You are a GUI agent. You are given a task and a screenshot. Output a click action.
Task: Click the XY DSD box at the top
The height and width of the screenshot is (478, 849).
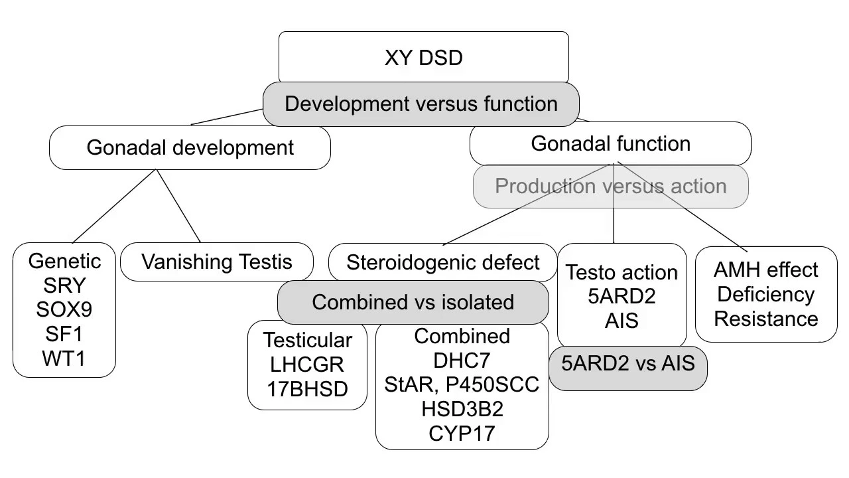423,57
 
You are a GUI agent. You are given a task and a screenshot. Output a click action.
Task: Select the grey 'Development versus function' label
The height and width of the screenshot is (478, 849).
421,104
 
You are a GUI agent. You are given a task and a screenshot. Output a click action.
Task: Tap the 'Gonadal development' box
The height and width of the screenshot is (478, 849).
190,147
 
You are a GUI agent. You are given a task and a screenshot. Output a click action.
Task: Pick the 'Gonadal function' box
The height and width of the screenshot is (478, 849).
610,143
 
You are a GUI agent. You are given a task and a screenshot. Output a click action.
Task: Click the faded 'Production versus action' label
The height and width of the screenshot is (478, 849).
611,186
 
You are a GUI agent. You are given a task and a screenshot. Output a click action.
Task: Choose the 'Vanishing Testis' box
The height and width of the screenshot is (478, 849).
217,262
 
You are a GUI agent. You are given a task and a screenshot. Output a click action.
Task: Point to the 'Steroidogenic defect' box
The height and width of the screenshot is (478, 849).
442,262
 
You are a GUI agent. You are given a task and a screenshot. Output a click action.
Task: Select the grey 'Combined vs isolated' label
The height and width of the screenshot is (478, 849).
413,302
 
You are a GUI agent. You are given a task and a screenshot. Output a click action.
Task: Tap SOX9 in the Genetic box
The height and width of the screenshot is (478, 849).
64,309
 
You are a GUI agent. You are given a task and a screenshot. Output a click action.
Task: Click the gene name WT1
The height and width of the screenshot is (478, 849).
64,358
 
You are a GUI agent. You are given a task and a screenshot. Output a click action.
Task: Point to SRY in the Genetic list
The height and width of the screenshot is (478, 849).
64,285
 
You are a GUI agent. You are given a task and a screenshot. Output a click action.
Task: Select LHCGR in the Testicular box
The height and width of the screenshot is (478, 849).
307,364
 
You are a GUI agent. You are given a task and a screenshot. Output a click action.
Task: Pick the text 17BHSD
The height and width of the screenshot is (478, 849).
307,389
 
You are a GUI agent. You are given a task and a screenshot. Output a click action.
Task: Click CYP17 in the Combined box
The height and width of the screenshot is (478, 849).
462,434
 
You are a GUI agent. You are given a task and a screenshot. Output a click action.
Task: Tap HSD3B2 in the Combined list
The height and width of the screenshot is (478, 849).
462,409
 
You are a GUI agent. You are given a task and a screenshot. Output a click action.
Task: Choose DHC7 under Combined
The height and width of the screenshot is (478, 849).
462,360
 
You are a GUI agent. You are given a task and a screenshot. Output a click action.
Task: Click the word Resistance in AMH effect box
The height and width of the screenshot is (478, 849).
766,319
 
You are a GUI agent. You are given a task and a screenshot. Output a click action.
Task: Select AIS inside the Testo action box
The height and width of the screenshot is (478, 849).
621,321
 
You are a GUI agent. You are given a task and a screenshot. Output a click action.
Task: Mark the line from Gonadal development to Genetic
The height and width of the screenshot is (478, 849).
114,206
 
